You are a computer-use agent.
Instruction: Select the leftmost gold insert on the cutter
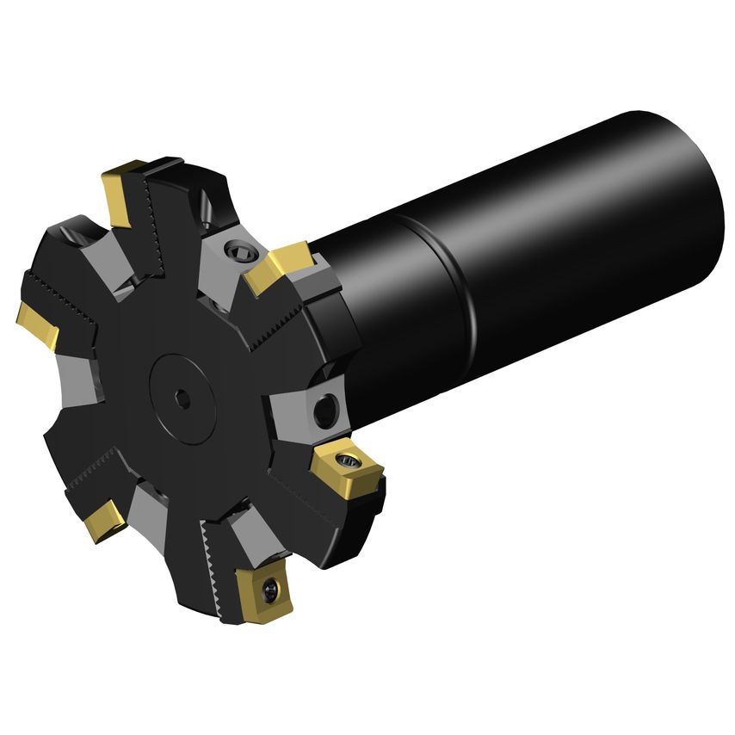(39, 325)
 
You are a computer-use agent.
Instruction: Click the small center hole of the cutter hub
(183, 398)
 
